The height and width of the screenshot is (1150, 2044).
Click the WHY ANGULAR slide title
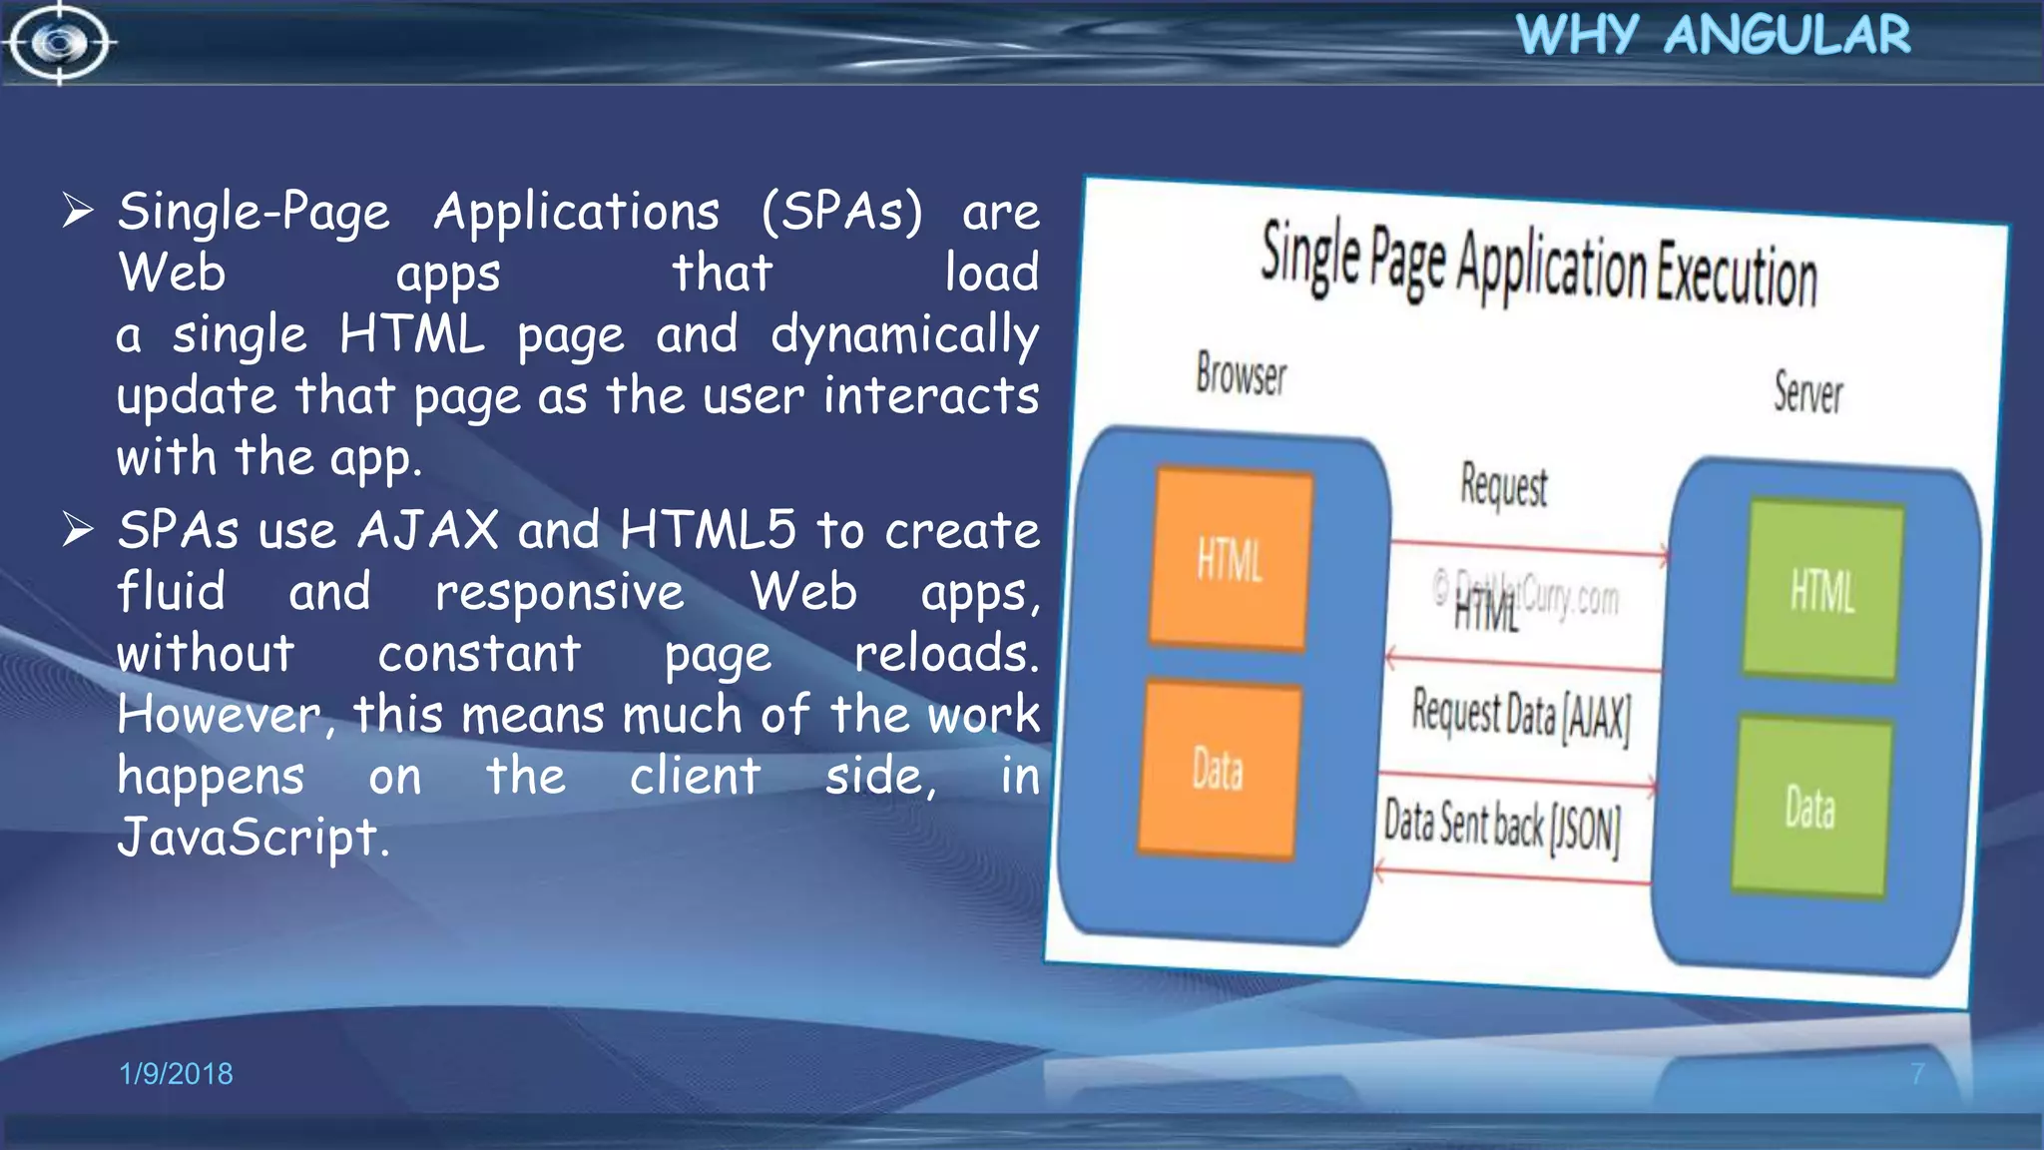tap(1713, 35)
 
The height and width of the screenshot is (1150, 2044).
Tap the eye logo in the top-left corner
tap(59, 43)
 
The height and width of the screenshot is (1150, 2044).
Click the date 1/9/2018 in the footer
tap(176, 1073)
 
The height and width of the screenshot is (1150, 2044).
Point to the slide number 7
tap(1917, 1073)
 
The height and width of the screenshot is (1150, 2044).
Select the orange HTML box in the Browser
tap(1230, 559)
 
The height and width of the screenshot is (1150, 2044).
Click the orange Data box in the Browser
tap(1218, 770)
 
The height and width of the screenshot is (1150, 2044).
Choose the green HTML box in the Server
tap(1822, 591)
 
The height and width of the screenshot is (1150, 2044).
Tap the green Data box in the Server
tap(1810, 808)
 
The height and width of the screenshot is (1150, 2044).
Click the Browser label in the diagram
tap(1241, 375)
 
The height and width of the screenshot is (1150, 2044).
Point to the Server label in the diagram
tap(1807, 392)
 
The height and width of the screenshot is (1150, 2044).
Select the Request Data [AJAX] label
tap(1521, 715)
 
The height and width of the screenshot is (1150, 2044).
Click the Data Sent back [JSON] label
tap(1502, 826)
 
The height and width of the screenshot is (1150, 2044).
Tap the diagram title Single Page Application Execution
tap(1538, 264)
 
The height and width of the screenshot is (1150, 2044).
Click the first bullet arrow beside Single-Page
tap(78, 210)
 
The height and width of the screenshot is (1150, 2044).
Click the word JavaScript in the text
tap(252, 837)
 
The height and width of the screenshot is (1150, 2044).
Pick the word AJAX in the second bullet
tap(428, 529)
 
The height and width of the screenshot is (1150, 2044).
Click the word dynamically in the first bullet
tap(904, 335)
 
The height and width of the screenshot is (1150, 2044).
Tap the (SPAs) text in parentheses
tap(842, 212)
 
